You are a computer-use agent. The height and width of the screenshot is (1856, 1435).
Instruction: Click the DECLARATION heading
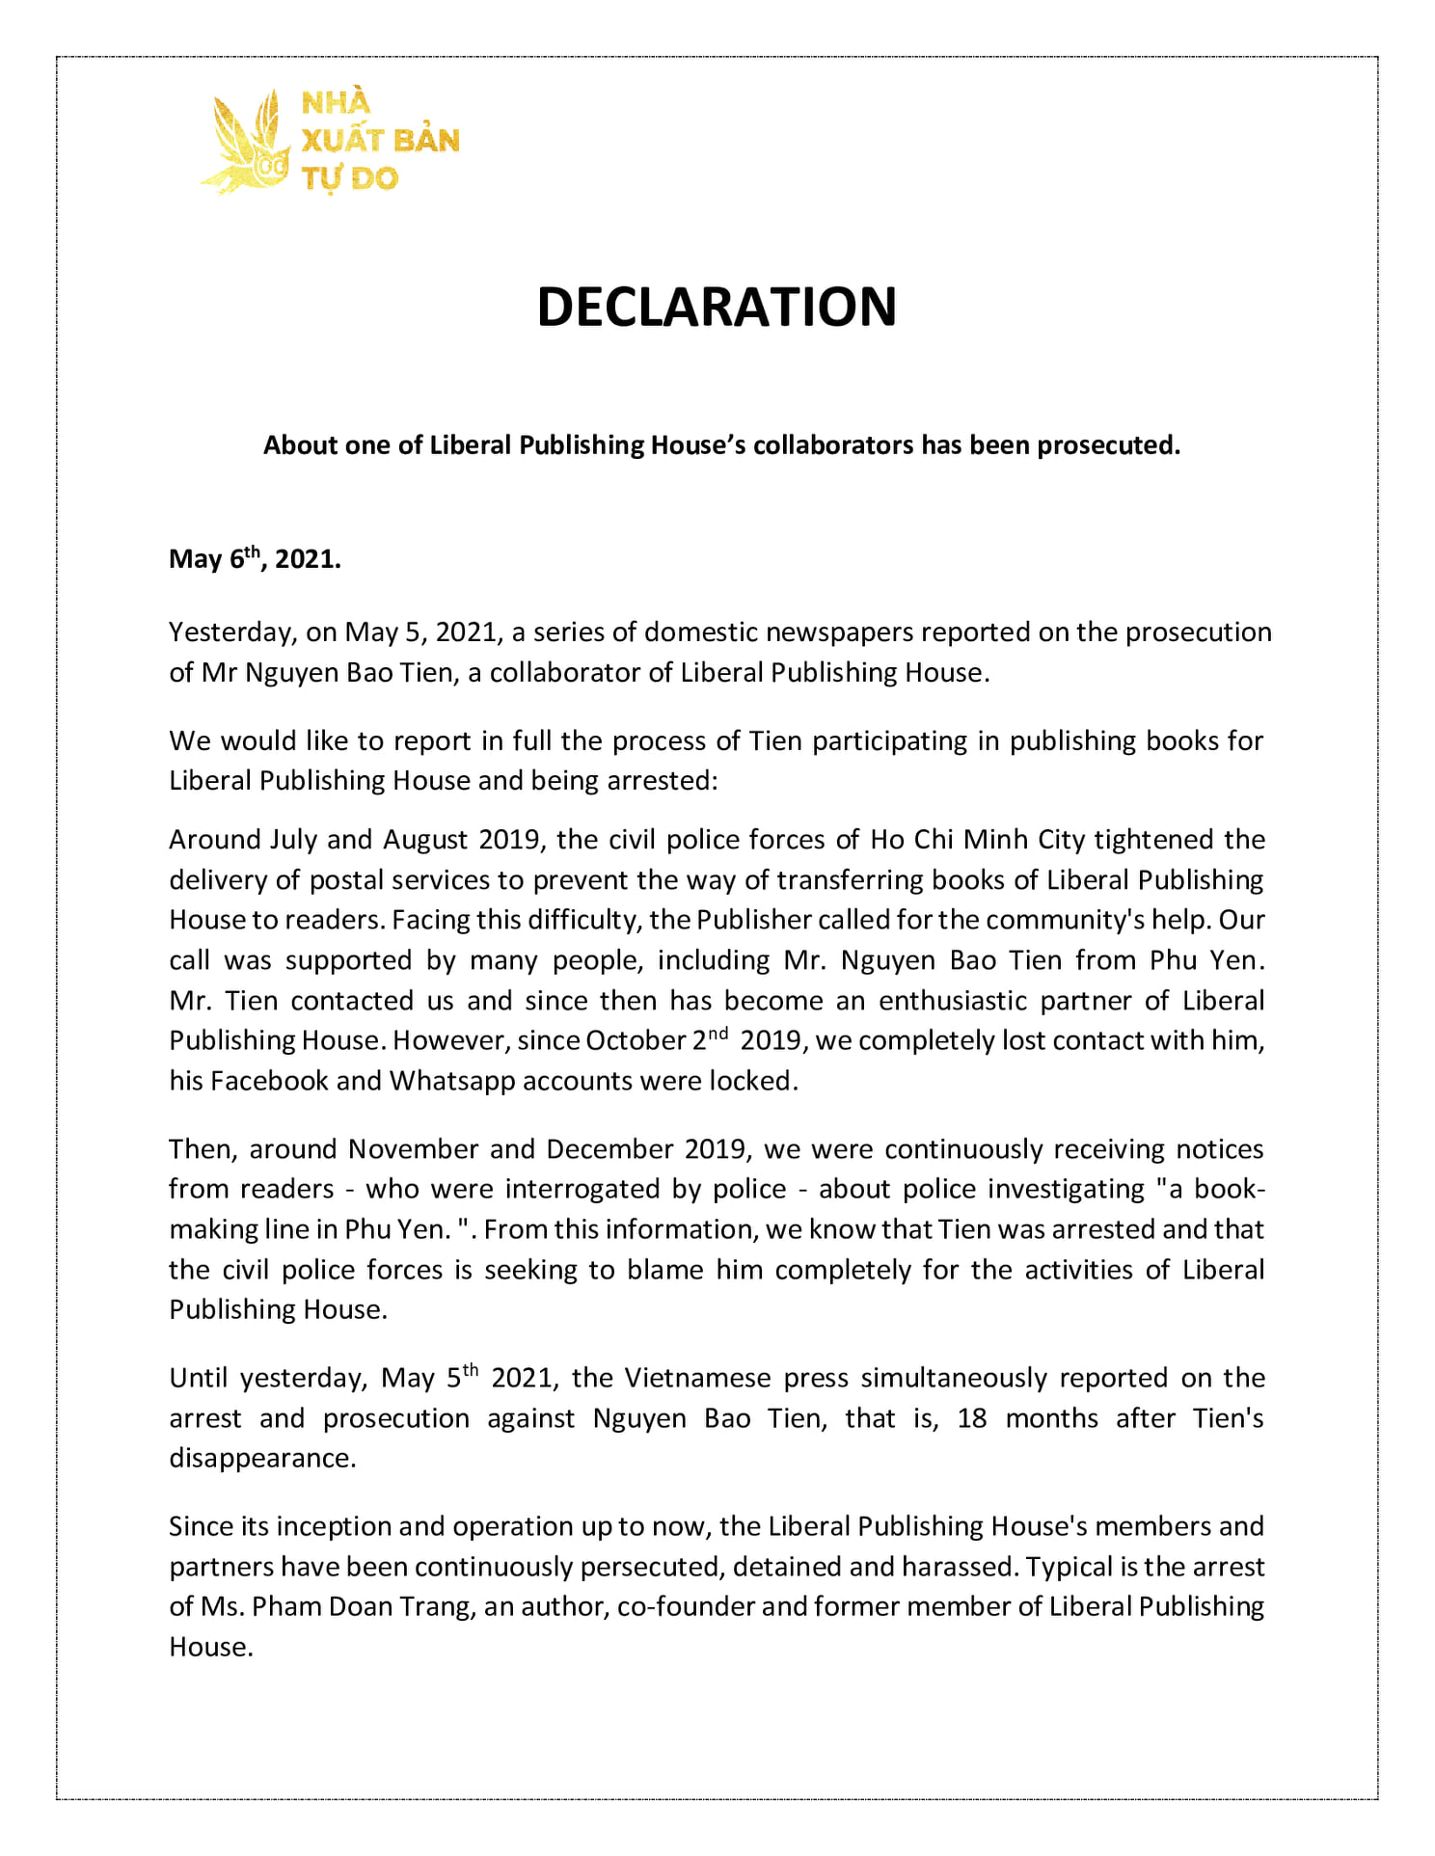click(x=717, y=307)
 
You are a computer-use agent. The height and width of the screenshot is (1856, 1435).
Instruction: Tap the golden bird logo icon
click(x=246, y=144)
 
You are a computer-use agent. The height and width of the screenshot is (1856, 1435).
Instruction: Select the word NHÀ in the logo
click(x=336, y=102)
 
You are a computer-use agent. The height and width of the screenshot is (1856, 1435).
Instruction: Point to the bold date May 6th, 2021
click(x=255, y=559)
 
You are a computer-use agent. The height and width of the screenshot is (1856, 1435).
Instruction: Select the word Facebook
click(x=269, y=1081)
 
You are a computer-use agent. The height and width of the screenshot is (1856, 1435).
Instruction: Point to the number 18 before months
click(x=972, y=1418)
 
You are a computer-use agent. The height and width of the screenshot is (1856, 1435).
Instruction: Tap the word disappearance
click(x=262, y=1458)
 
